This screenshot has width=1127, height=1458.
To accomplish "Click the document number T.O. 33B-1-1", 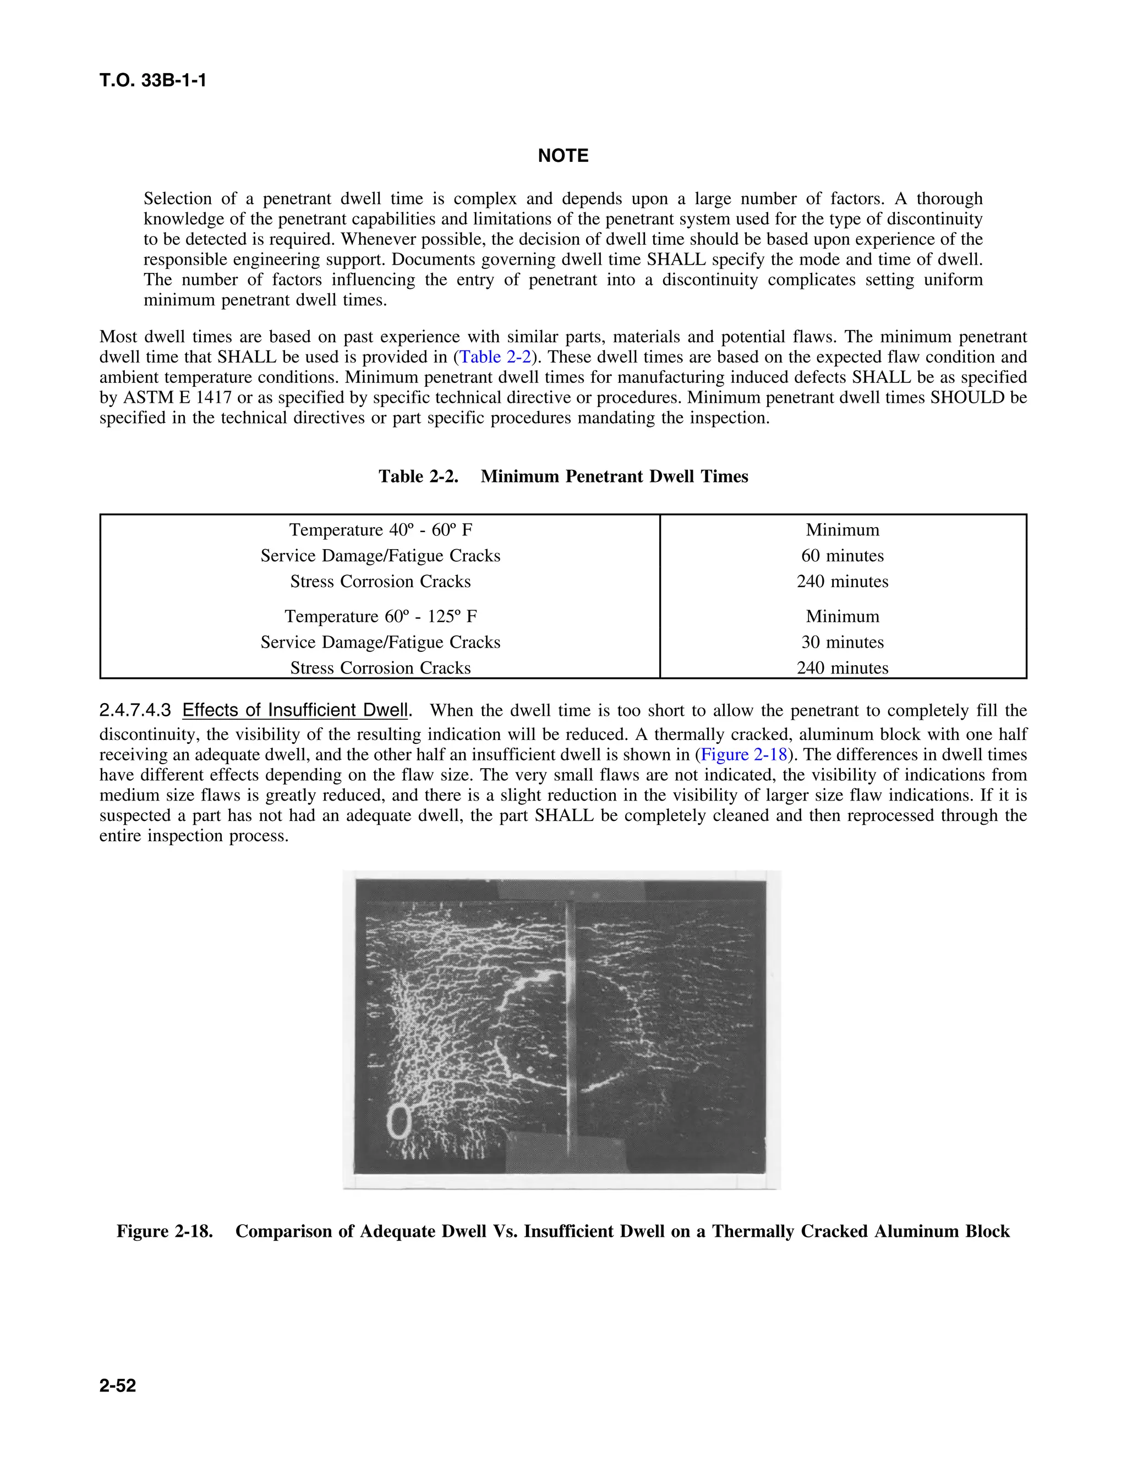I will click(x=153, y=81).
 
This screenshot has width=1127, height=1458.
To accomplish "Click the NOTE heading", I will click(x=563, y=156).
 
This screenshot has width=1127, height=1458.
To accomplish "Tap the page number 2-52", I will click(x=118, y=1385).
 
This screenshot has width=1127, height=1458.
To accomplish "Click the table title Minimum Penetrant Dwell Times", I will click(x=614, y=476).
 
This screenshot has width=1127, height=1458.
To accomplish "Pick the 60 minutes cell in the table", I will click(x=842, y=556).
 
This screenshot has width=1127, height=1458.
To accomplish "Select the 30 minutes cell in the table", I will click(x=842, y=642).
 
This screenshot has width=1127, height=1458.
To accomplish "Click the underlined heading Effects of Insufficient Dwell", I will click(x=294, y=710).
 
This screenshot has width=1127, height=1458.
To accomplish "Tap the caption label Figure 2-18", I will click(x=164, y=1231).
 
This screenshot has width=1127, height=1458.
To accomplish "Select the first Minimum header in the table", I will click(x=842, y=529).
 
